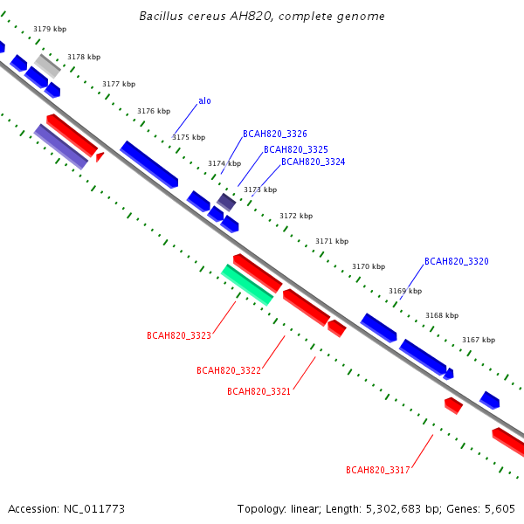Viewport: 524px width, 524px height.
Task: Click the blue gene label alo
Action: pyautogui.click(x=204, y=101)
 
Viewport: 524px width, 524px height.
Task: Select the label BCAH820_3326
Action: pyautogui.click(x=275, y=134)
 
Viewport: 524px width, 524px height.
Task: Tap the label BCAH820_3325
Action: pyautogui.click(x=296, y=149)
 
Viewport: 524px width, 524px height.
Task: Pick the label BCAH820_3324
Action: pyautogui.click(x=314, y=162)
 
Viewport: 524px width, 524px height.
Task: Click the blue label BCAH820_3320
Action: pyautogui.click(x=457, y=261)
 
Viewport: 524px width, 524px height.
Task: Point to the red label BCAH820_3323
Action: pyautogui.click(x=179, y=335)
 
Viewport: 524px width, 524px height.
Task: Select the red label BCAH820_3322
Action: pyautogui.click(x=229, y=370)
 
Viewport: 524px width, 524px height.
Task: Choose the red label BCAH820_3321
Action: pyautogui.click(x=259, y=391)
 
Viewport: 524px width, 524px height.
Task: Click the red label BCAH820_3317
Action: pyautogui.click(x=378, y=470)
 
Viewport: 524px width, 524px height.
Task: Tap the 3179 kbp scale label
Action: pyautogui.click(x=50, y=29)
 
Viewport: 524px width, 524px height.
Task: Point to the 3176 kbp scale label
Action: pyautogui.click(x=154, y=111)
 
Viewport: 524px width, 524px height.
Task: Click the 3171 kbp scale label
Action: pyautogui.click(x=332, y=241)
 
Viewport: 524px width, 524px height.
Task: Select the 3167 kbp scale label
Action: pyautogui.click(x=479, y=340)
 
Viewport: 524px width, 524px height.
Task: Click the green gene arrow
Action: pyautogui.click(x=247, y=285)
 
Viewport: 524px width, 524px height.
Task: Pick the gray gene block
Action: pyautogui.click(x=47, y=66)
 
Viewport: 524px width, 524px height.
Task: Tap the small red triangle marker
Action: pyautogui.click(x=100, y=156)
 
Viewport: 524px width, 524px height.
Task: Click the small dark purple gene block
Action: pyautogui.click(x=226, y=203)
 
